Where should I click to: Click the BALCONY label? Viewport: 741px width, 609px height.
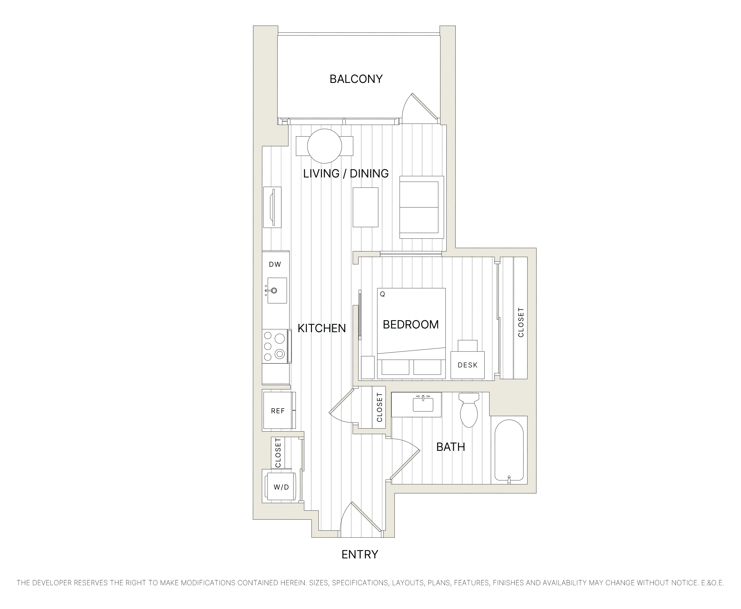click(356, 79)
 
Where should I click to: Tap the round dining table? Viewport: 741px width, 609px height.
click(324, 146)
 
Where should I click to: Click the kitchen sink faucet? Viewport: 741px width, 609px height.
click(273, 291)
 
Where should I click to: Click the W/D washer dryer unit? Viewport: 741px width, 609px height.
click(281, 487)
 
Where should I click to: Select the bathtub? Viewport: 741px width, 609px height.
click(509, 450)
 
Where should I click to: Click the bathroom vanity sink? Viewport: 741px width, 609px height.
click(423, 404)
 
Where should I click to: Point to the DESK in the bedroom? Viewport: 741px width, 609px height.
click(467, 365)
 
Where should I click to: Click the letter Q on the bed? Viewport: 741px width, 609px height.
click(382, 294)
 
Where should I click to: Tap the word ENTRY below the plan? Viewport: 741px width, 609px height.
click(360, 554)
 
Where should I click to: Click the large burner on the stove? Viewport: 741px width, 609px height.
click(279, 339)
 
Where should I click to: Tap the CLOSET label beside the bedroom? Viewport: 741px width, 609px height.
click(521, 322)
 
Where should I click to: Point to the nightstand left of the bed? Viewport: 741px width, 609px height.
click(367, 367)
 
